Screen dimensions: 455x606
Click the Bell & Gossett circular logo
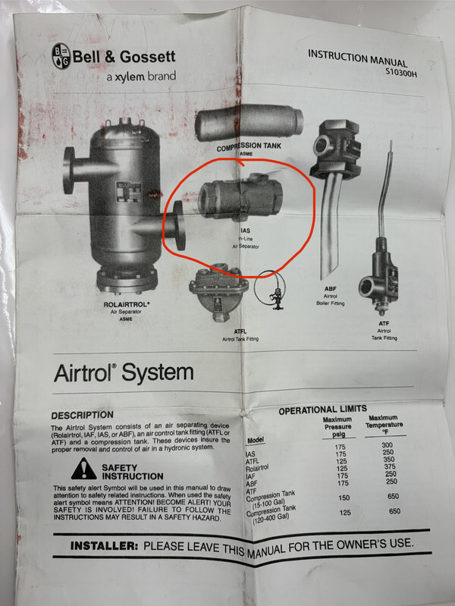tap(61, 55)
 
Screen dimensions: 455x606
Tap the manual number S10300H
tap(401, 72)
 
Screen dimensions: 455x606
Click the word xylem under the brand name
tap(130, 77)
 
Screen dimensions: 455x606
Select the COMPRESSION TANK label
tap(249, 146)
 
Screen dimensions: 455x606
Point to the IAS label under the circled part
tap(245, 231)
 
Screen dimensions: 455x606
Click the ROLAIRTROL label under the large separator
tap(127, 305)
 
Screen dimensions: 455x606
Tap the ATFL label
tap(240, 331)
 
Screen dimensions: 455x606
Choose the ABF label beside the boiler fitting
tap(330, 289)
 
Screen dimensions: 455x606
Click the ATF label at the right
tap(384, 324)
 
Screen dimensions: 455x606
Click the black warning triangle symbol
tap(83, 469)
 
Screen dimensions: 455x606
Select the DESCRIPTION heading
tap(83, 415)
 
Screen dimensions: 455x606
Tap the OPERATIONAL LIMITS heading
tap(322, 410)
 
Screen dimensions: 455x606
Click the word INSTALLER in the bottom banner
tap(104, 546)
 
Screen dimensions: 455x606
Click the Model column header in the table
tap(255, 440)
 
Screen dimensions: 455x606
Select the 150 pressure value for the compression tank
tap(344, 498)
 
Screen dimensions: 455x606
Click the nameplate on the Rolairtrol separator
tap(129, 193)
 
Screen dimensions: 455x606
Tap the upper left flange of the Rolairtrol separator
tap(70, 170)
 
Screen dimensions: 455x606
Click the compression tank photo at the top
tap(249, 124)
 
